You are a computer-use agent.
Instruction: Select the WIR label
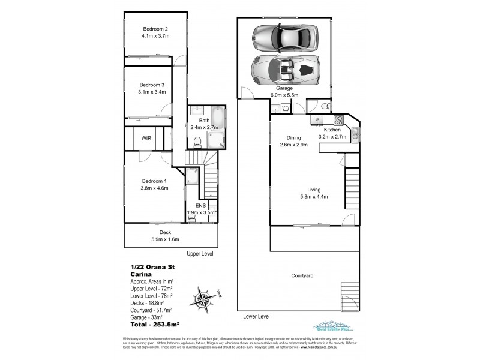[146, 138]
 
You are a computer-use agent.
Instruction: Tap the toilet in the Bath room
[197, 142]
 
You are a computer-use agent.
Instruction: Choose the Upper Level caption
[200, 254]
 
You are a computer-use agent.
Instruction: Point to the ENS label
[201, 205]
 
